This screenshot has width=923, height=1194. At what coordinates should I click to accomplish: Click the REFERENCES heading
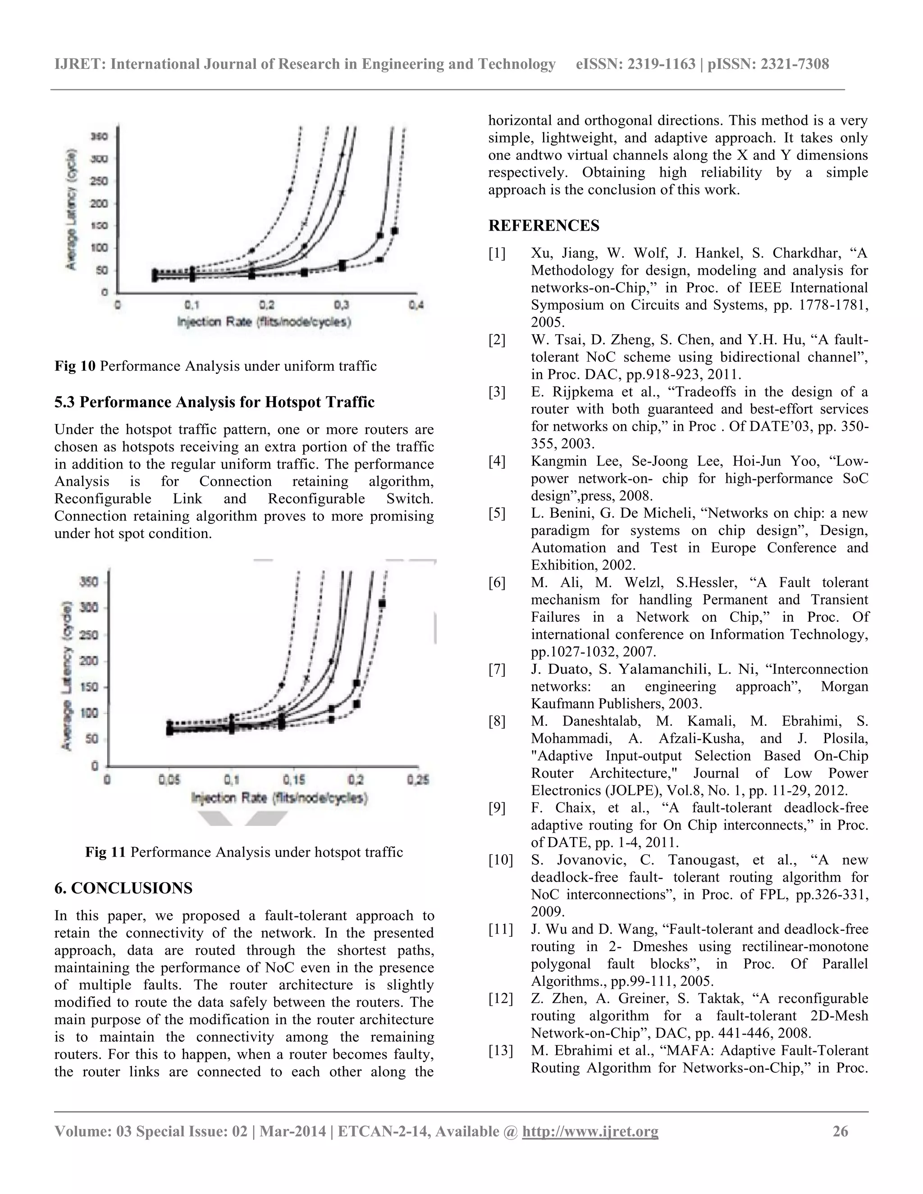pos(544,226)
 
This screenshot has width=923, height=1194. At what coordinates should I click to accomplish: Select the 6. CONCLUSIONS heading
pos(123,888)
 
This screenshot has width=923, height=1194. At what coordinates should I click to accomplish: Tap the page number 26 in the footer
pos(841,1131)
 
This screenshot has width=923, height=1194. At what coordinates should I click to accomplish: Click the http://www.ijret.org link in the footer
pos(590,1131)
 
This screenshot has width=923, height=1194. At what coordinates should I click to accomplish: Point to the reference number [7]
pos(497,669)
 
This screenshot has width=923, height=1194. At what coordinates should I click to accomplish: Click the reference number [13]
pos(500,1051)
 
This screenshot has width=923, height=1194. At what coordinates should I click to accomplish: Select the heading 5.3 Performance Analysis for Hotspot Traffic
pos(215,402)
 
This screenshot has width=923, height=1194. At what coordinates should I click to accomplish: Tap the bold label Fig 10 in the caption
pos(75,366)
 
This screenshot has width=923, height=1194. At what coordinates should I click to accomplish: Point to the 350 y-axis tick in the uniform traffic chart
pos(102,136)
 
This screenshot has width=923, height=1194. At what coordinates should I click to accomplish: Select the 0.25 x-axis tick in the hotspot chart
pos(418,779)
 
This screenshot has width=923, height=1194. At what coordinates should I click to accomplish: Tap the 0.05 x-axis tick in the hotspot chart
pos(169,779)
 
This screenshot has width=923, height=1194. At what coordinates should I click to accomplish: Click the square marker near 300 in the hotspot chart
pos(382,603)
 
